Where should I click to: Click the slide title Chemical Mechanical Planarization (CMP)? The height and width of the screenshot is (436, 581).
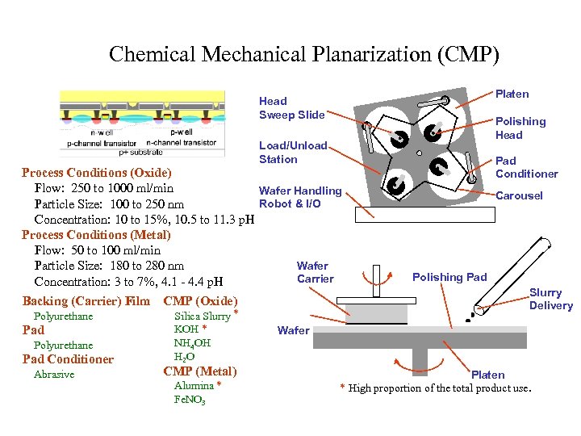click(304, 55)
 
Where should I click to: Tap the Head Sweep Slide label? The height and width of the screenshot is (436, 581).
click(290, 108)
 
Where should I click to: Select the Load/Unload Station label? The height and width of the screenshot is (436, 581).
click(293, 153)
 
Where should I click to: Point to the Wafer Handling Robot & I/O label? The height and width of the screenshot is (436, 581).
click(299, 197)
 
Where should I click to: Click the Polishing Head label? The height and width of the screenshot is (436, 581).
click(520, 128)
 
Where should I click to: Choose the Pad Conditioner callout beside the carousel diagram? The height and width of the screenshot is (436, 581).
click(526, 167)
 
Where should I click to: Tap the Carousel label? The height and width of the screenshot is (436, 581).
click(519, 195)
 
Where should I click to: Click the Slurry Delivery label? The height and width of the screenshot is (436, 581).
click(550, 299)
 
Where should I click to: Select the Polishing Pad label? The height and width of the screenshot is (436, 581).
click(449, 277)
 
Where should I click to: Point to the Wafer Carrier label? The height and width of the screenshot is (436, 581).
click(314, 272)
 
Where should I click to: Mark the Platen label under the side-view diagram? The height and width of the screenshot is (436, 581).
click(487, 375)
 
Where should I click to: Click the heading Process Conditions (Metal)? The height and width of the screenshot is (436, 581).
click(96, 235)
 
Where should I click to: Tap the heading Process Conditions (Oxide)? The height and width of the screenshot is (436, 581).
click(96, 173)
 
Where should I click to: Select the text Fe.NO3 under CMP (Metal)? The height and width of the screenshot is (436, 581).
click(190, 400)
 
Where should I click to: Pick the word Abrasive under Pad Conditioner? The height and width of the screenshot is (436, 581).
click(54, 375)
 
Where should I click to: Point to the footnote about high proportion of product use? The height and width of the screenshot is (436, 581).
click(436, 388)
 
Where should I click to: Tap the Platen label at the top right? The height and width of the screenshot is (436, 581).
click(512, 94)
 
